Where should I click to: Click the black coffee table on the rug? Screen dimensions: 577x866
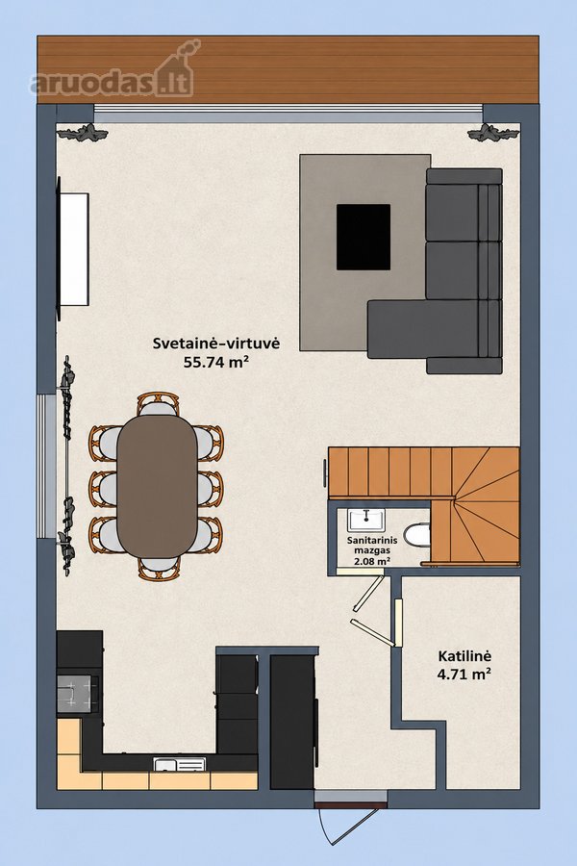pos(364,237)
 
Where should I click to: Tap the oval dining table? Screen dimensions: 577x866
pos(158,486)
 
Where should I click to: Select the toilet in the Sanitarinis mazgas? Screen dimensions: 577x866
pos(416,535)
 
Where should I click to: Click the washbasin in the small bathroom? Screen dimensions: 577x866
pos(366,521)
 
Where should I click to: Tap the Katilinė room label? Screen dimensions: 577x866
pos(464,656)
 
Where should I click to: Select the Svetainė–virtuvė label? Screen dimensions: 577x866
pos(216,344)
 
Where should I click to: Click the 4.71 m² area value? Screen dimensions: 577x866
pos(464,675)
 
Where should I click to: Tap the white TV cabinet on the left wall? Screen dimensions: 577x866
pos(74,248)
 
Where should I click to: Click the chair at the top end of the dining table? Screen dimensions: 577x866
pos(158,404)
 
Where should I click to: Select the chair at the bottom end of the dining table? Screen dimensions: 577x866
pos(159,568)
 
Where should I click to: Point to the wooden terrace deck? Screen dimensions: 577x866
pos(288,69)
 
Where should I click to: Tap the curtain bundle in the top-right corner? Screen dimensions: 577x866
pos(492,133)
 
